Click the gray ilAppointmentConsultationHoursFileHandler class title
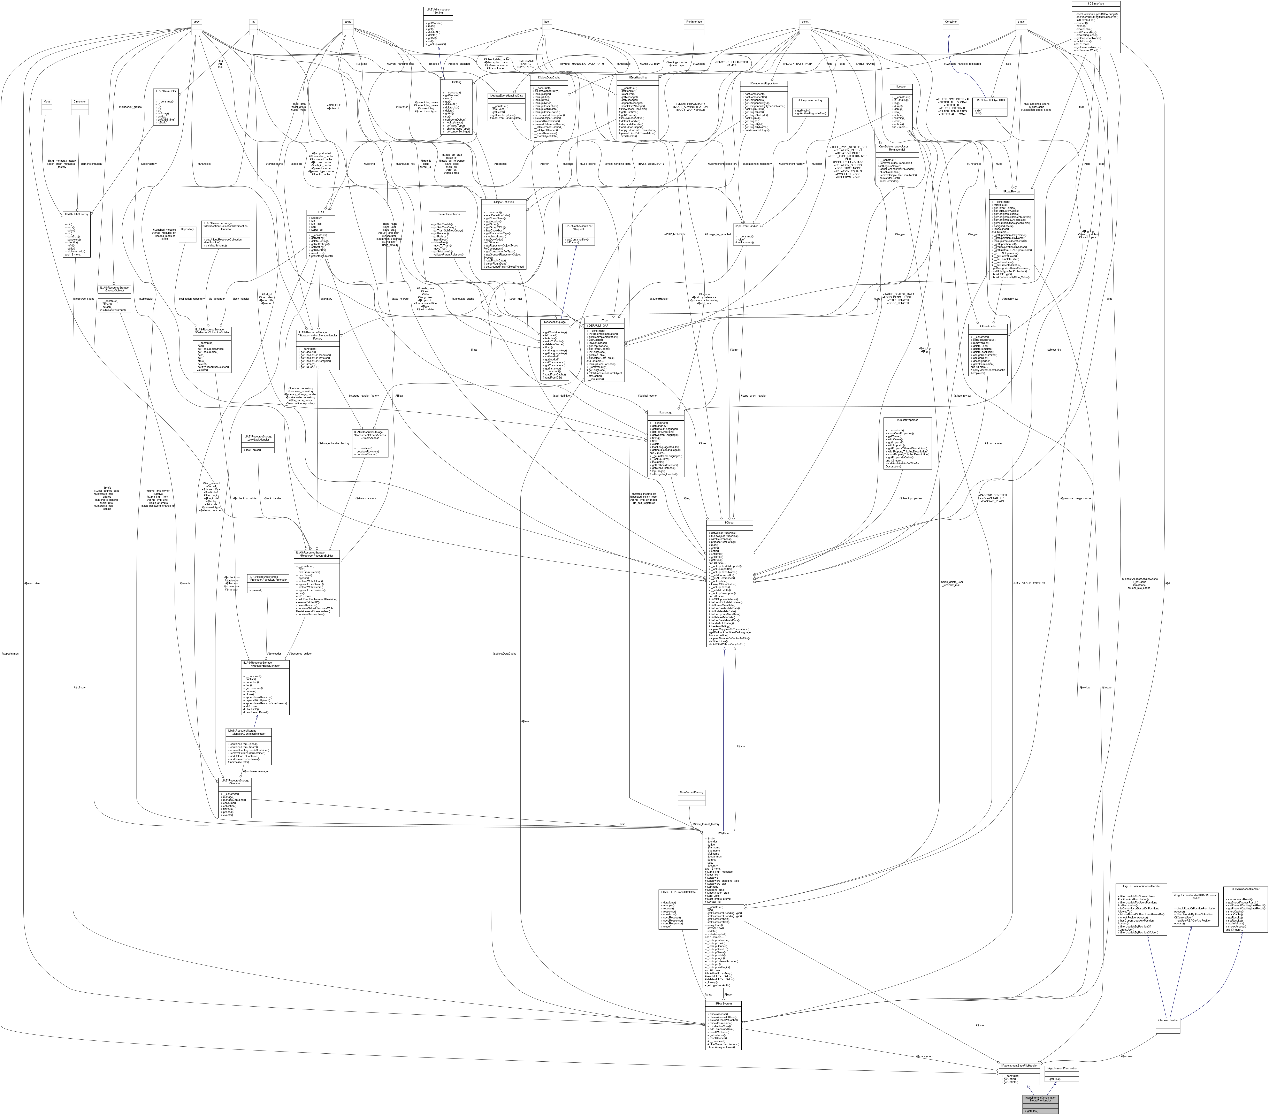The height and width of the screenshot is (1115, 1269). (x=1040, y=1099)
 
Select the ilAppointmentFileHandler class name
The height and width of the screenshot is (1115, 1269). (x=1062, y=1068)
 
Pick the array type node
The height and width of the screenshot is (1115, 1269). (x=196, y=22)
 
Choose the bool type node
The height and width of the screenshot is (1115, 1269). (x=546, y=22)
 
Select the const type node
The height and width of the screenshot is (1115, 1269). (x=805, y=22)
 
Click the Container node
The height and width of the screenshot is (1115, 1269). (x=950, y=22)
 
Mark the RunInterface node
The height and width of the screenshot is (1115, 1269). (x=694, y=22)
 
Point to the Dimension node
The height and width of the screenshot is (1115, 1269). (x=80, y=101)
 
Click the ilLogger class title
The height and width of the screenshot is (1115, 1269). (x=900, y=86)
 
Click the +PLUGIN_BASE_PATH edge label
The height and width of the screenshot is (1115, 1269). (x=798, y=63)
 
